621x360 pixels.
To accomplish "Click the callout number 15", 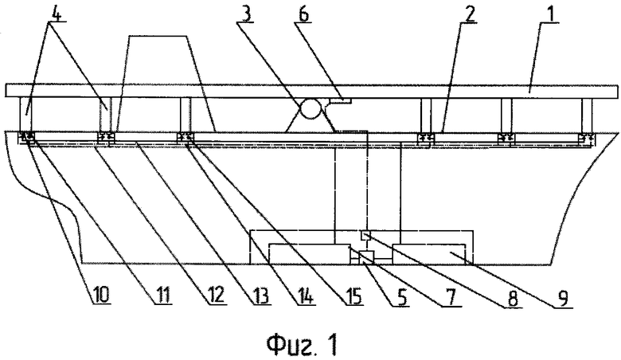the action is coord(352,295).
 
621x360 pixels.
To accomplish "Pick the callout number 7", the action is coord(451,296).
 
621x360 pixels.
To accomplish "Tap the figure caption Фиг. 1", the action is coord(302,345).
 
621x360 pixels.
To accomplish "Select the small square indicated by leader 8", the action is coord(365,236).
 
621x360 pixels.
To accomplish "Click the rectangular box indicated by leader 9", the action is coord(428,253).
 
